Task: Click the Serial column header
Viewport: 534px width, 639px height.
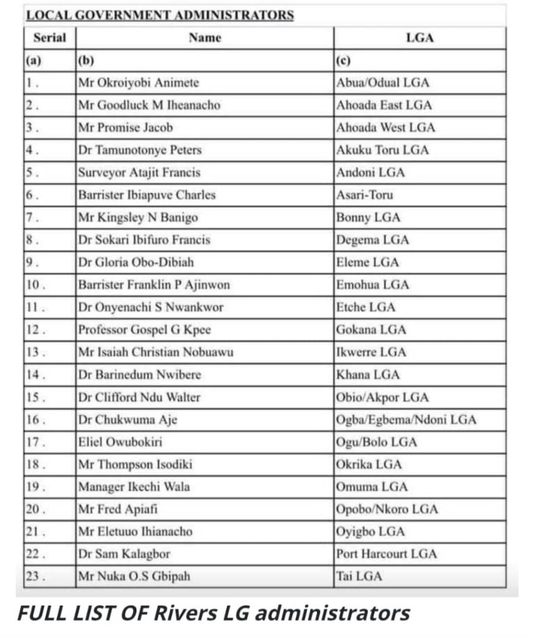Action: coord(49,37)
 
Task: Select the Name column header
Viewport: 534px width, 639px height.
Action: coord(205,37)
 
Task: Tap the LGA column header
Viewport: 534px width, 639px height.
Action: coord(419,37)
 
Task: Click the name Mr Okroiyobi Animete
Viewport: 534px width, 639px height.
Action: coord(138,82)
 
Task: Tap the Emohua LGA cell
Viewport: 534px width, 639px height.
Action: coord(372,285)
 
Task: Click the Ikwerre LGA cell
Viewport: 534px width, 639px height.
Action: coord(371,352)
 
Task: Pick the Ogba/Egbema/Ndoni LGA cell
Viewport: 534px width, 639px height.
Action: coord(405,419)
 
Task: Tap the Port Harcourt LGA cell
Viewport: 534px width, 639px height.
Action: coord(386,554)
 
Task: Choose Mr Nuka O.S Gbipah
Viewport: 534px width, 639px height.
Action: coord(133,576)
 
